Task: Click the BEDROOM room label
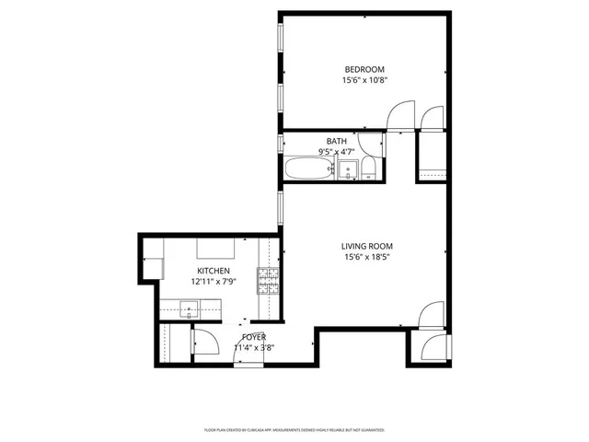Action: (364, 69)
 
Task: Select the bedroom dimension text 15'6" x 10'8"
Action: (364, 80)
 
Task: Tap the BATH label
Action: (336, 141)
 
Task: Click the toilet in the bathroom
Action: (368, 168)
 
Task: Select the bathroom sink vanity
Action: (348, 169)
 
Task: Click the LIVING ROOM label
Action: (367, 246)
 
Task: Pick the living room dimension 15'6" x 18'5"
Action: (367, 257)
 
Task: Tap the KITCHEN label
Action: (212, 271)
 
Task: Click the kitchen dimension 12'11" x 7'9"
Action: (212, 282)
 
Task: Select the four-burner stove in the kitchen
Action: (267, 279)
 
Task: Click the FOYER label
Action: (254, 338)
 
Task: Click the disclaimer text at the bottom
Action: (294, 430)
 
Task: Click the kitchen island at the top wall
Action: (218, 248)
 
